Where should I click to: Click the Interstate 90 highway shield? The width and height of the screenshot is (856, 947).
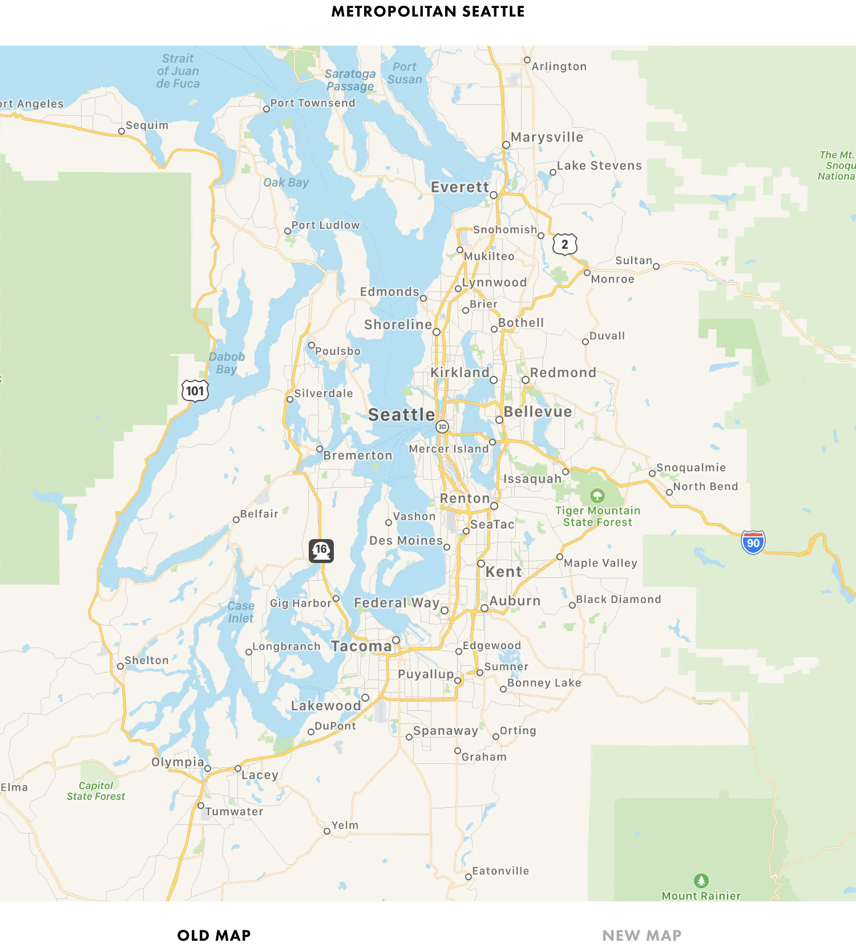coord(753,543)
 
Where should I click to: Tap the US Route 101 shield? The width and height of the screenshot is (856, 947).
coord(195,391)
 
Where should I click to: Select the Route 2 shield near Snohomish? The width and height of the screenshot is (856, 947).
coord(564,244)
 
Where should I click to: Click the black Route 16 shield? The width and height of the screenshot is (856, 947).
coord(321,551)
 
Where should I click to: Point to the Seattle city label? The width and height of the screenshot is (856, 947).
coord(401,415)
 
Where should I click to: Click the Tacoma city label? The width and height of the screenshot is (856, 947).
coord(361,646)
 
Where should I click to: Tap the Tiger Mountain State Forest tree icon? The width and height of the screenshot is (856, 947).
coord(597,495)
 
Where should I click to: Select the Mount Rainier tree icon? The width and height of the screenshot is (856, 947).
coord(701,880)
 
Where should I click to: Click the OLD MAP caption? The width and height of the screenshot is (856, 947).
coord(214,936)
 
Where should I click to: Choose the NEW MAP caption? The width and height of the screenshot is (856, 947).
coord(641,936)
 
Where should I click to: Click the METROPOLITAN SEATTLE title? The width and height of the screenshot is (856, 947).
coord(428,11)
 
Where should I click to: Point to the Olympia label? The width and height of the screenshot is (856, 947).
coord(177,762)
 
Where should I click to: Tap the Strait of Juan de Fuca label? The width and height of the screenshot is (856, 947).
coord(178,71)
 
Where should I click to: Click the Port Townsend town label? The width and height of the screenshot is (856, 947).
coord(312,103)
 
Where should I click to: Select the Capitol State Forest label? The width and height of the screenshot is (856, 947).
coord(96,791)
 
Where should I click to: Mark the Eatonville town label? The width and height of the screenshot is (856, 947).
coord(500,871)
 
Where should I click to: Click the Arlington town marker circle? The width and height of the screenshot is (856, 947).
coord(527,60)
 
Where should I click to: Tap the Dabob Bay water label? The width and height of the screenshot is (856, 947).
coord(227,363)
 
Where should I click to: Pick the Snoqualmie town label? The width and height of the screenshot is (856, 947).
coord(691,468)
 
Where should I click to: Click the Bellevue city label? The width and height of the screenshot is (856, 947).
coord(538,412)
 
